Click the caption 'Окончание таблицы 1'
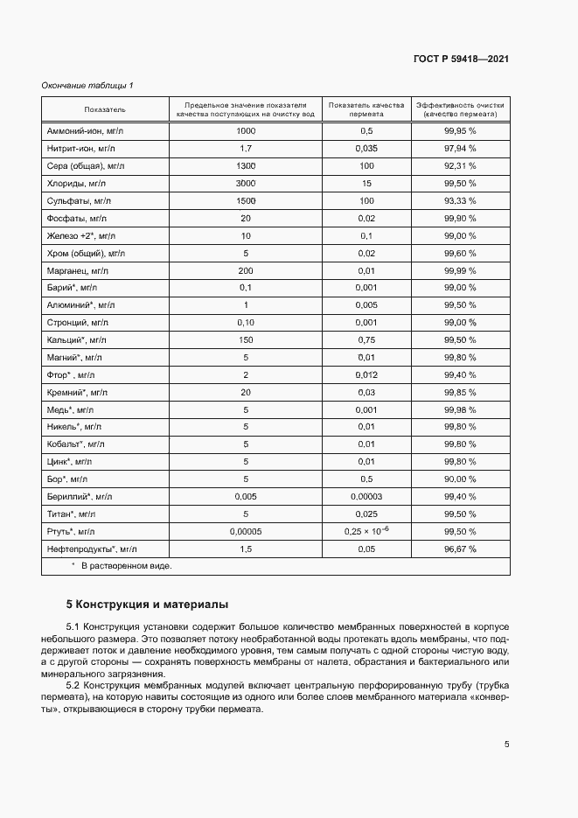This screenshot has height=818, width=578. click(x=87, y=85)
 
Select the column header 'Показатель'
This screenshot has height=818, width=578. click(x=105, y=109)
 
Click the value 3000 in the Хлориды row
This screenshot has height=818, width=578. click(x=246, y=183)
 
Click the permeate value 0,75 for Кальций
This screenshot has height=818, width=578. click(x=366, y=339)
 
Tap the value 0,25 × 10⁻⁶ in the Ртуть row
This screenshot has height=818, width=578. click(x=366, y=531)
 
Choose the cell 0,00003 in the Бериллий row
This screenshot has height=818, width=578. click(x=366, y=496)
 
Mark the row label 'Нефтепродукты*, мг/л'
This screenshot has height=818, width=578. click(x=92, y=549)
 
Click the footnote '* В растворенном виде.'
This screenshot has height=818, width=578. click(x=122, y=566)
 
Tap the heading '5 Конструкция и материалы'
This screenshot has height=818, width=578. click(x=148, y=605)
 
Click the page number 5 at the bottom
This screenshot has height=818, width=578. click(x=506, y=745)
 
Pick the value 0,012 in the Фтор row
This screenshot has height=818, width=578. click(x=366, y=374)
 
